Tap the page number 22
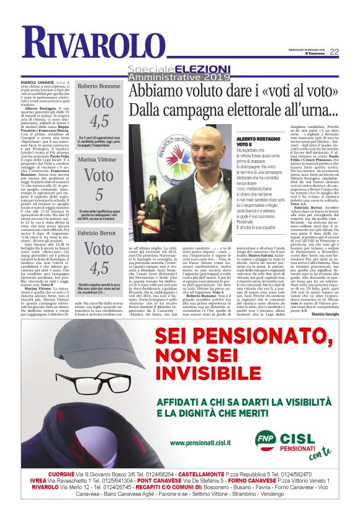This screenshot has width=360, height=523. (x=334, y=52)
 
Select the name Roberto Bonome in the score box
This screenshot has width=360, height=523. (x=98, y=86)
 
